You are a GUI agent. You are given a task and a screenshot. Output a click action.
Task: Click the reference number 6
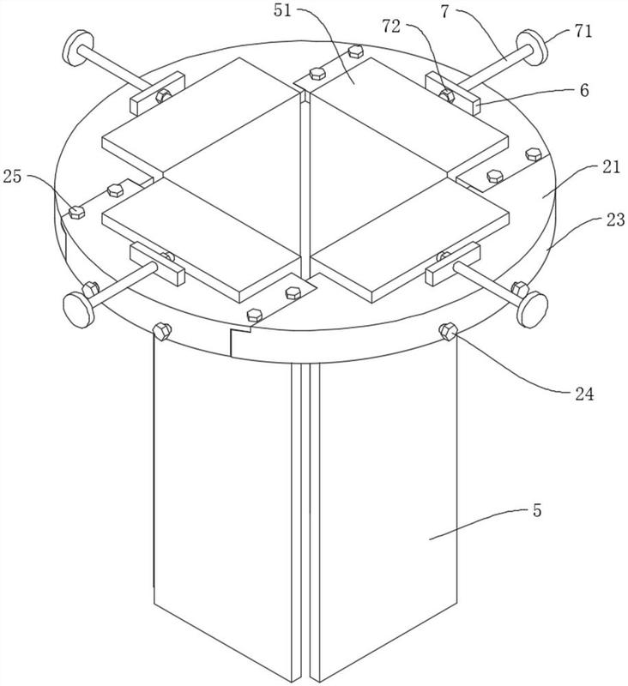583,90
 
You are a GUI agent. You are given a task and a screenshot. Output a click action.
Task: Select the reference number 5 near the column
536,511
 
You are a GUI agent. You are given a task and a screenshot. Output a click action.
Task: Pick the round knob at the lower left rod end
78,306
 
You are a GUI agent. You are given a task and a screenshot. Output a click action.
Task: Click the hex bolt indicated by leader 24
446,330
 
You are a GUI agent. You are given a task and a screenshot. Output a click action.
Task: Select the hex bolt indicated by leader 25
77,210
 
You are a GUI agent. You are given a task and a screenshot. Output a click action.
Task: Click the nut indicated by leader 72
446,93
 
